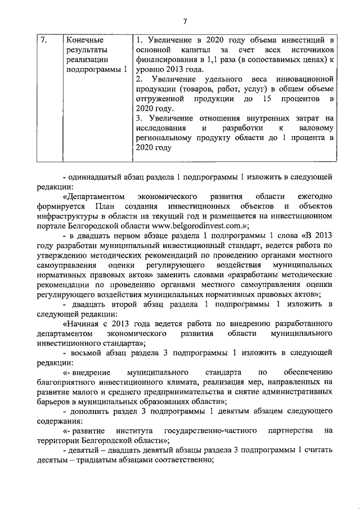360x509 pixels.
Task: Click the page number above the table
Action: [184, 21]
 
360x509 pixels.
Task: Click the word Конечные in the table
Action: [84, 40]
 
